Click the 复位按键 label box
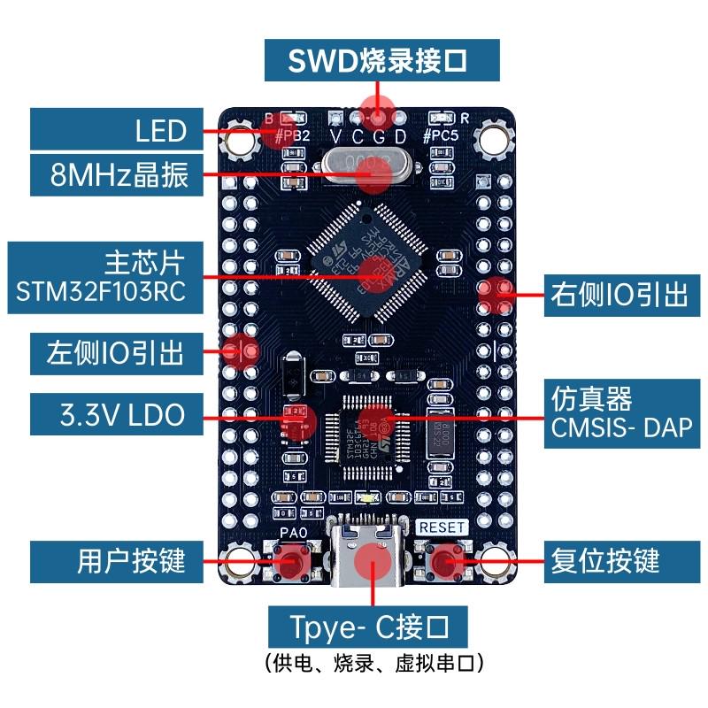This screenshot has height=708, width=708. click(604, 560)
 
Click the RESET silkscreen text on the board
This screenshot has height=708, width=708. click(441, 527)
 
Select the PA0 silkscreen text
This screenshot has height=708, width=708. click(292, 532)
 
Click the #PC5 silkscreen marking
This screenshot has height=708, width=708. click(440, 136)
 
